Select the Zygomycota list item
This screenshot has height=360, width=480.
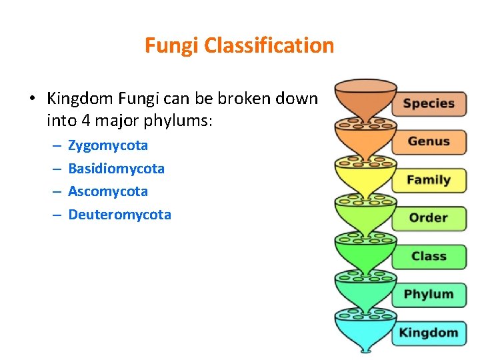coord(108,145)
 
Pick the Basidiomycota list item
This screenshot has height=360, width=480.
coord(116,169)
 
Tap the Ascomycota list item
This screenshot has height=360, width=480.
coord(108,191)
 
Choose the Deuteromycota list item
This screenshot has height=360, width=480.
coord(119,215)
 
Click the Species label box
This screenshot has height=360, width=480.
coord(429,103)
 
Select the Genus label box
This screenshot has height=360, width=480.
coord(429,141)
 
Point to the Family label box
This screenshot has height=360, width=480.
coord(429,180)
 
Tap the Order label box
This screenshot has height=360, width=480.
coord(429,218)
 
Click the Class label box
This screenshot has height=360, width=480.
coord(429,256)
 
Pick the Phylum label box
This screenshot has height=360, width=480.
coord(429,294)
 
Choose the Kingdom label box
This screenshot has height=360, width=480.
coord(429,333)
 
